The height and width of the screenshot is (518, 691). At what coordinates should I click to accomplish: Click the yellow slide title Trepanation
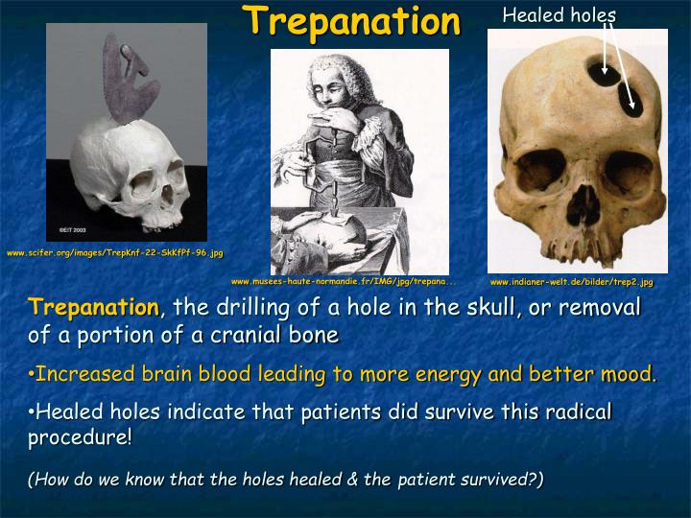[x=350, y=21]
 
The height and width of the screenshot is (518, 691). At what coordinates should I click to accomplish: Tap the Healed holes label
[x=559, y=14]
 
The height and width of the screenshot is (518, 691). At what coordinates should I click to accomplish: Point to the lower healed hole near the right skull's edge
[x=633, y=103]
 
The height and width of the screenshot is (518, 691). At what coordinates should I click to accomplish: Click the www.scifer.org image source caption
[x=115, y=253]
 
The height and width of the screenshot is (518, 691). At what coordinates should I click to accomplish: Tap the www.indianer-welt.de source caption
[x=571, y=283]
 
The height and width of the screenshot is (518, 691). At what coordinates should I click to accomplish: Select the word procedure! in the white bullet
[x=80, y=437]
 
